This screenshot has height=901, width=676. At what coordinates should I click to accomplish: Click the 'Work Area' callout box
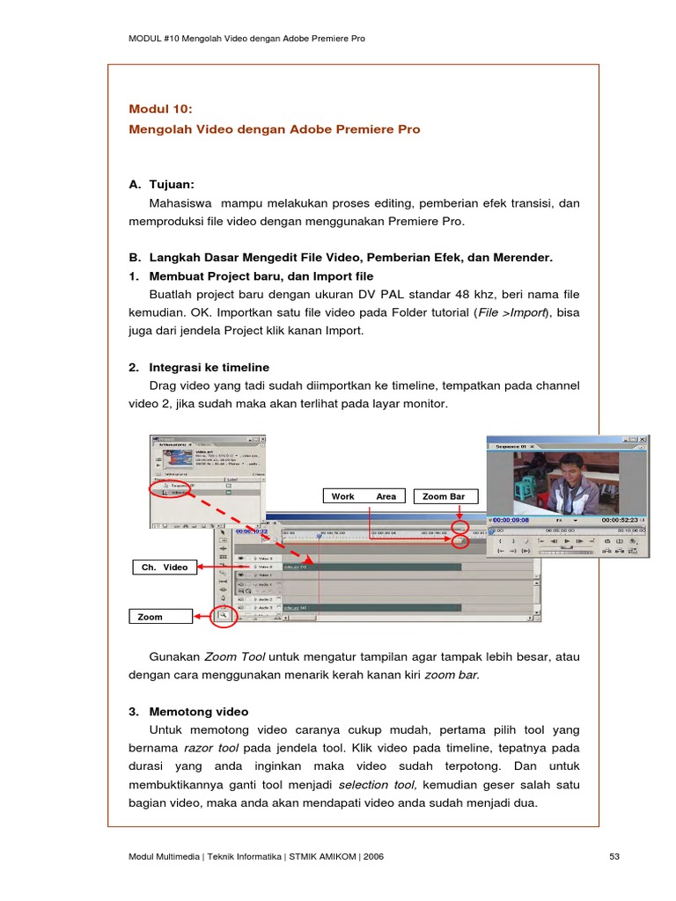(364, 496)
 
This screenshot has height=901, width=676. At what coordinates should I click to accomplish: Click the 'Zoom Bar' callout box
(444, 496)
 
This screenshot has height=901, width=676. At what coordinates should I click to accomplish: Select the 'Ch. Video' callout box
(165, 568)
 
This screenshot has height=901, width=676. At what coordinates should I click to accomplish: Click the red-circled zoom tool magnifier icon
(224, 615)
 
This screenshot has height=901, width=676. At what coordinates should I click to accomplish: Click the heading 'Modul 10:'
(159, 109)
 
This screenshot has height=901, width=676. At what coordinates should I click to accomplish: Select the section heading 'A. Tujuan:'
(161, 185)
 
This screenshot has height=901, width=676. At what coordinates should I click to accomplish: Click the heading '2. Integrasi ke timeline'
(199, 367)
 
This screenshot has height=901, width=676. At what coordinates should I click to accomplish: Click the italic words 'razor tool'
(211, 748)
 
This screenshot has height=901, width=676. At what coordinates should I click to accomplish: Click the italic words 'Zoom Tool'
(234, 656)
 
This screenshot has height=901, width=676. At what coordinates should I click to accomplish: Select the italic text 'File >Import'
(511, 312)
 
